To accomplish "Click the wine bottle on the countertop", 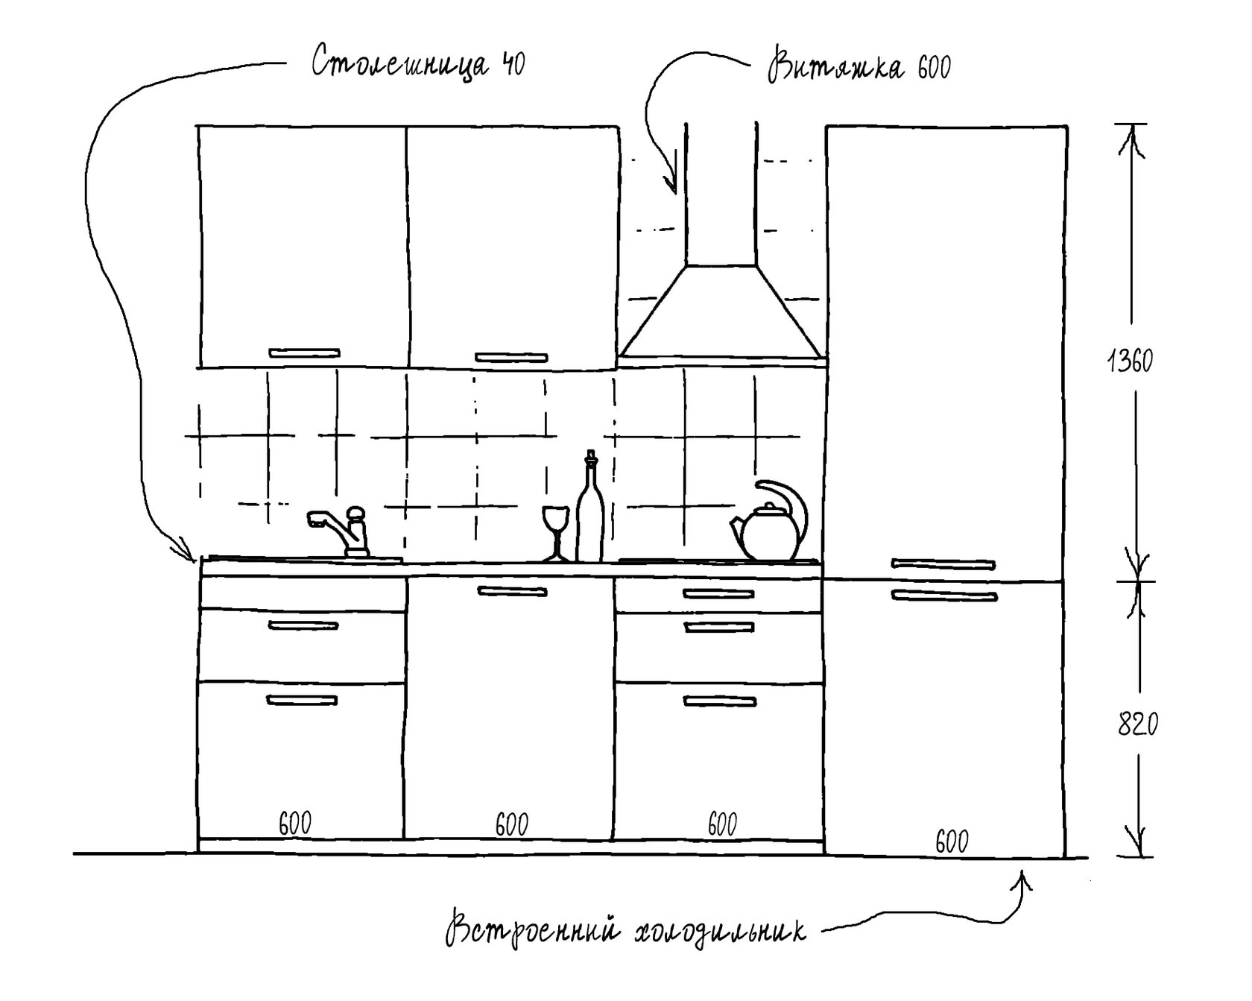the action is pos(589,514).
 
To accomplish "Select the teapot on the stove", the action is pos(768,525).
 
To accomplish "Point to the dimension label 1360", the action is pos(1130,361).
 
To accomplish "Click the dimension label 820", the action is pos(1138,724).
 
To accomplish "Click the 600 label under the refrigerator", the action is pos(952,841).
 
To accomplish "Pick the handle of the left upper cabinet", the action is pos(304,353).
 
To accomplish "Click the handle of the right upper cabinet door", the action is pos(511,358).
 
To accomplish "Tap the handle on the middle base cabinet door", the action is pos(512,592).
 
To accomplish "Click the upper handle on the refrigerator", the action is pos(943,564).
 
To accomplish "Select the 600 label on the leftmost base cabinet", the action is pos(295,824).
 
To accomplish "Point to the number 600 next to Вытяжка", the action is pos(934,69).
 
